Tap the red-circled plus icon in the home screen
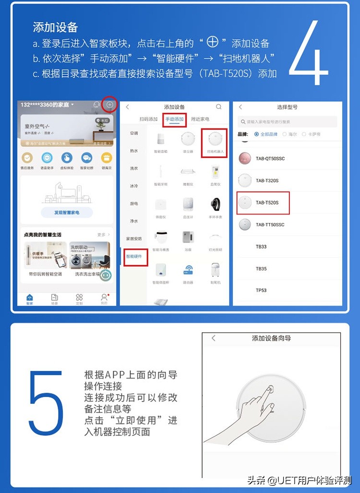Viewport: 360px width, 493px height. (x=109, y=105)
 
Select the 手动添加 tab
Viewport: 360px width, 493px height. (x=174, y=119)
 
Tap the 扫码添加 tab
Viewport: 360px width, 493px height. (x=148, y=119)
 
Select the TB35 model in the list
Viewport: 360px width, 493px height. (x=261, y=269)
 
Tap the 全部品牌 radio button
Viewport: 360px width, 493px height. (x=257, y=134)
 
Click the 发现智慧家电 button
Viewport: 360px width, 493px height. (x=67, y=212)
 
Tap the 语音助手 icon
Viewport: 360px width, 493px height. (x=47, y=159)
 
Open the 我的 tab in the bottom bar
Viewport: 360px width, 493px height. (x=104, y=298)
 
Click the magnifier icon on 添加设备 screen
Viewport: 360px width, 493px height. (x=219, y=107)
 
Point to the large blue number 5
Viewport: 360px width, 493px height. (x=46, y=402)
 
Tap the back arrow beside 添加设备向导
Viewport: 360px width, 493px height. (x=214, y=338)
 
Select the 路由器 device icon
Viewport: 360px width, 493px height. (x=188, y=271)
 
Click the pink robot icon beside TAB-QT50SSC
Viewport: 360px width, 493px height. (x=245, y=158)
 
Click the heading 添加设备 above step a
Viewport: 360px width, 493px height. (x=55, y=27)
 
